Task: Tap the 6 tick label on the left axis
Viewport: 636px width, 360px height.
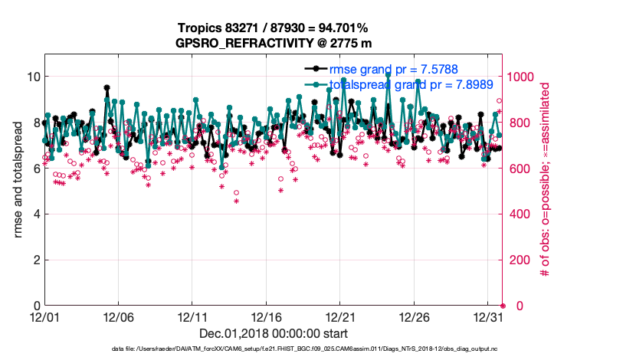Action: [x=32, y=168]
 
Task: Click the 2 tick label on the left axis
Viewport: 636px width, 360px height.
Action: [x=32, y=260]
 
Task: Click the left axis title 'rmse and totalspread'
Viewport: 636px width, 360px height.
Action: [x=18, y=180]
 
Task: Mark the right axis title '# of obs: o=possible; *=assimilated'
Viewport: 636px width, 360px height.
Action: [x=546, y=180]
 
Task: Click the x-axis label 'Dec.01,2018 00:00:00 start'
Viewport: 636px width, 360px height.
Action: [x=274, y=333]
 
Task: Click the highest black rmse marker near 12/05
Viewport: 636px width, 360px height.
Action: [x=107, y=88]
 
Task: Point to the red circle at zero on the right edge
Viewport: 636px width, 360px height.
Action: [x=503, y=306]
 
